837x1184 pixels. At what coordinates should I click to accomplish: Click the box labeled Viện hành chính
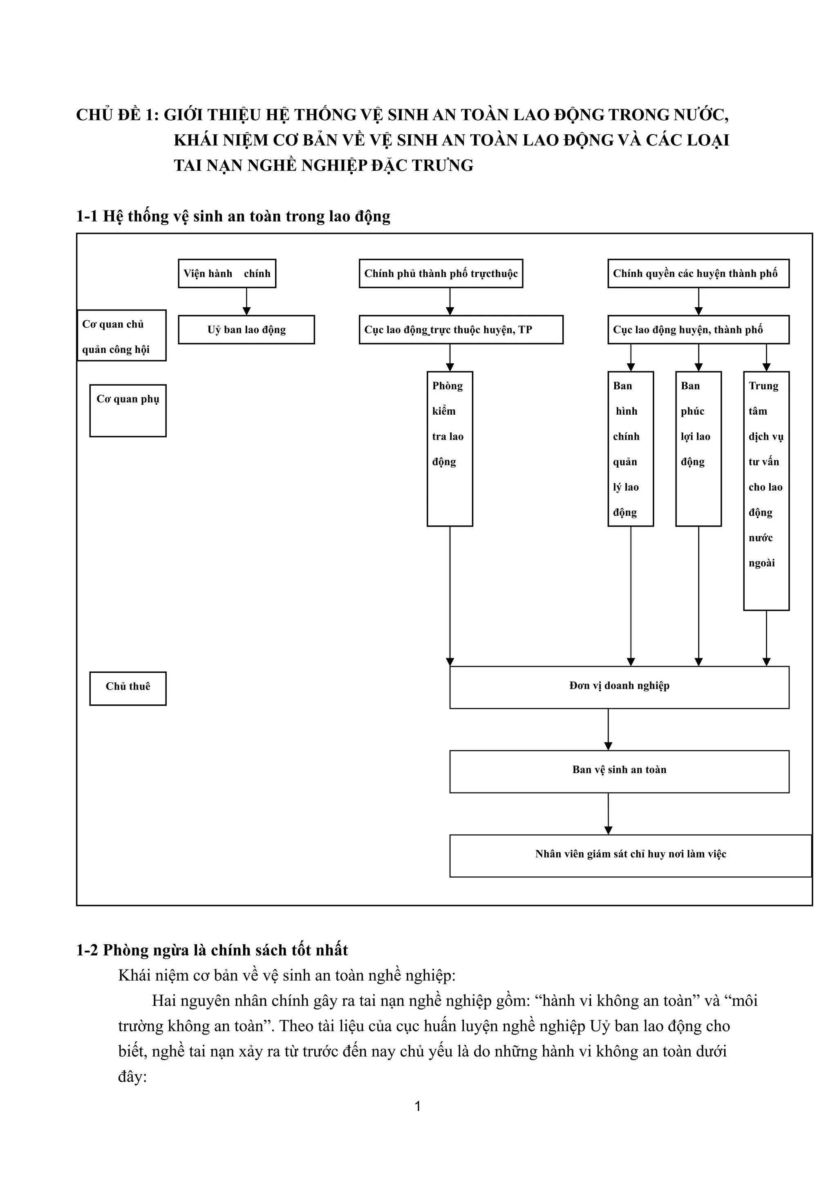[x=227, y=273]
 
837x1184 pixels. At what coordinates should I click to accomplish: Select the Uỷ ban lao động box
[x=246, y=330]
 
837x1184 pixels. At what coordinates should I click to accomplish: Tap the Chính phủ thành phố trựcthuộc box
[x=441, y=273]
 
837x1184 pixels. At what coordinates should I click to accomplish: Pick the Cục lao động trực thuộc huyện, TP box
[x=461, y=330]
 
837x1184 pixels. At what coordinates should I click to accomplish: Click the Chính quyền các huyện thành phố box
[x=698, y=273]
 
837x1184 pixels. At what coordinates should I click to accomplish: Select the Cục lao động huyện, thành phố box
[x=698, y=330]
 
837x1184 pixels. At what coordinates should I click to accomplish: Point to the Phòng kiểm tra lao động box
[x=450, y=449]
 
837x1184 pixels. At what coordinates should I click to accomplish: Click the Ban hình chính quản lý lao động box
[x=631, y=449]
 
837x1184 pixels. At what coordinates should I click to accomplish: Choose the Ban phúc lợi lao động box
[x=698, y=449]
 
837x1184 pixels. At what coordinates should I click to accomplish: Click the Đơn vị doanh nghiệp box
[x=619, y=688]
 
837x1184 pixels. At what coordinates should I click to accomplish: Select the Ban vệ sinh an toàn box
[x=619, y=771]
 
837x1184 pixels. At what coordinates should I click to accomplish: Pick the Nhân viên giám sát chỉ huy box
[x=630, y=856]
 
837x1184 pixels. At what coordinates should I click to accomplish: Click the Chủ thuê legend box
[x=128, y=688]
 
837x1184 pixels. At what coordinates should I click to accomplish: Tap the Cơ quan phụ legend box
[x=128, y=411]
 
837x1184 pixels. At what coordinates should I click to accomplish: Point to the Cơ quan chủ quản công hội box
[x=122, y=335]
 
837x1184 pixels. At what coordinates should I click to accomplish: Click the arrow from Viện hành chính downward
[x=246, y=302]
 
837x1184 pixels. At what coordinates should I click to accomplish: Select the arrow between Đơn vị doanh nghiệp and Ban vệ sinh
[x=608, y=729]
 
